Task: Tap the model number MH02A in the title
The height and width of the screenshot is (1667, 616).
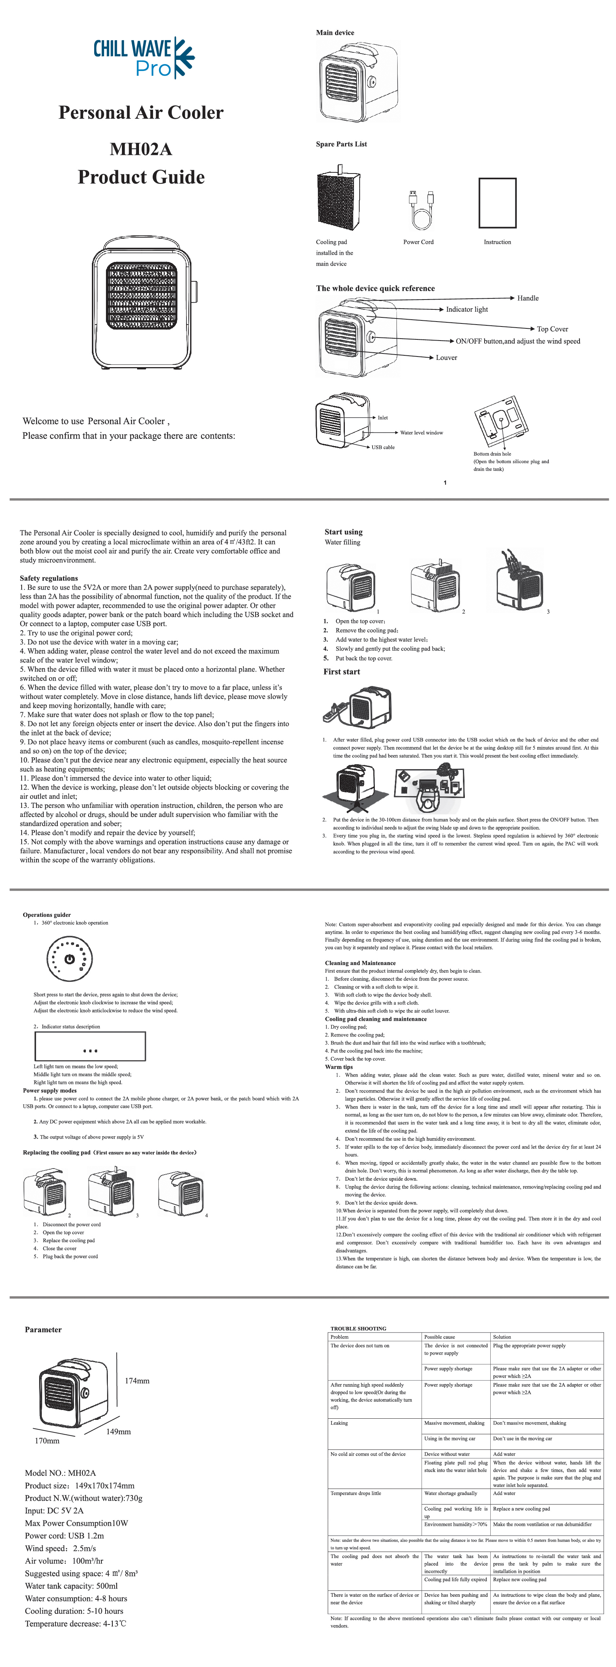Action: (141, 150)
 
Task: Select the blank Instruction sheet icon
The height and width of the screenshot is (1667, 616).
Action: (498, 203)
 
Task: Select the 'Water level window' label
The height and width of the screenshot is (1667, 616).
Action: (421, 433)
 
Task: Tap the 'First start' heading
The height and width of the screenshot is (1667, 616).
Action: (342, 672)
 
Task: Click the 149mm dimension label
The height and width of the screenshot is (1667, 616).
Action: (118, 1432)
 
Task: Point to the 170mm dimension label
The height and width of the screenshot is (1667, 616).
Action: (47, 1440)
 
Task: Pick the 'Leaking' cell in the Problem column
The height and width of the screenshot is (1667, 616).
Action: (339, 1423)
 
